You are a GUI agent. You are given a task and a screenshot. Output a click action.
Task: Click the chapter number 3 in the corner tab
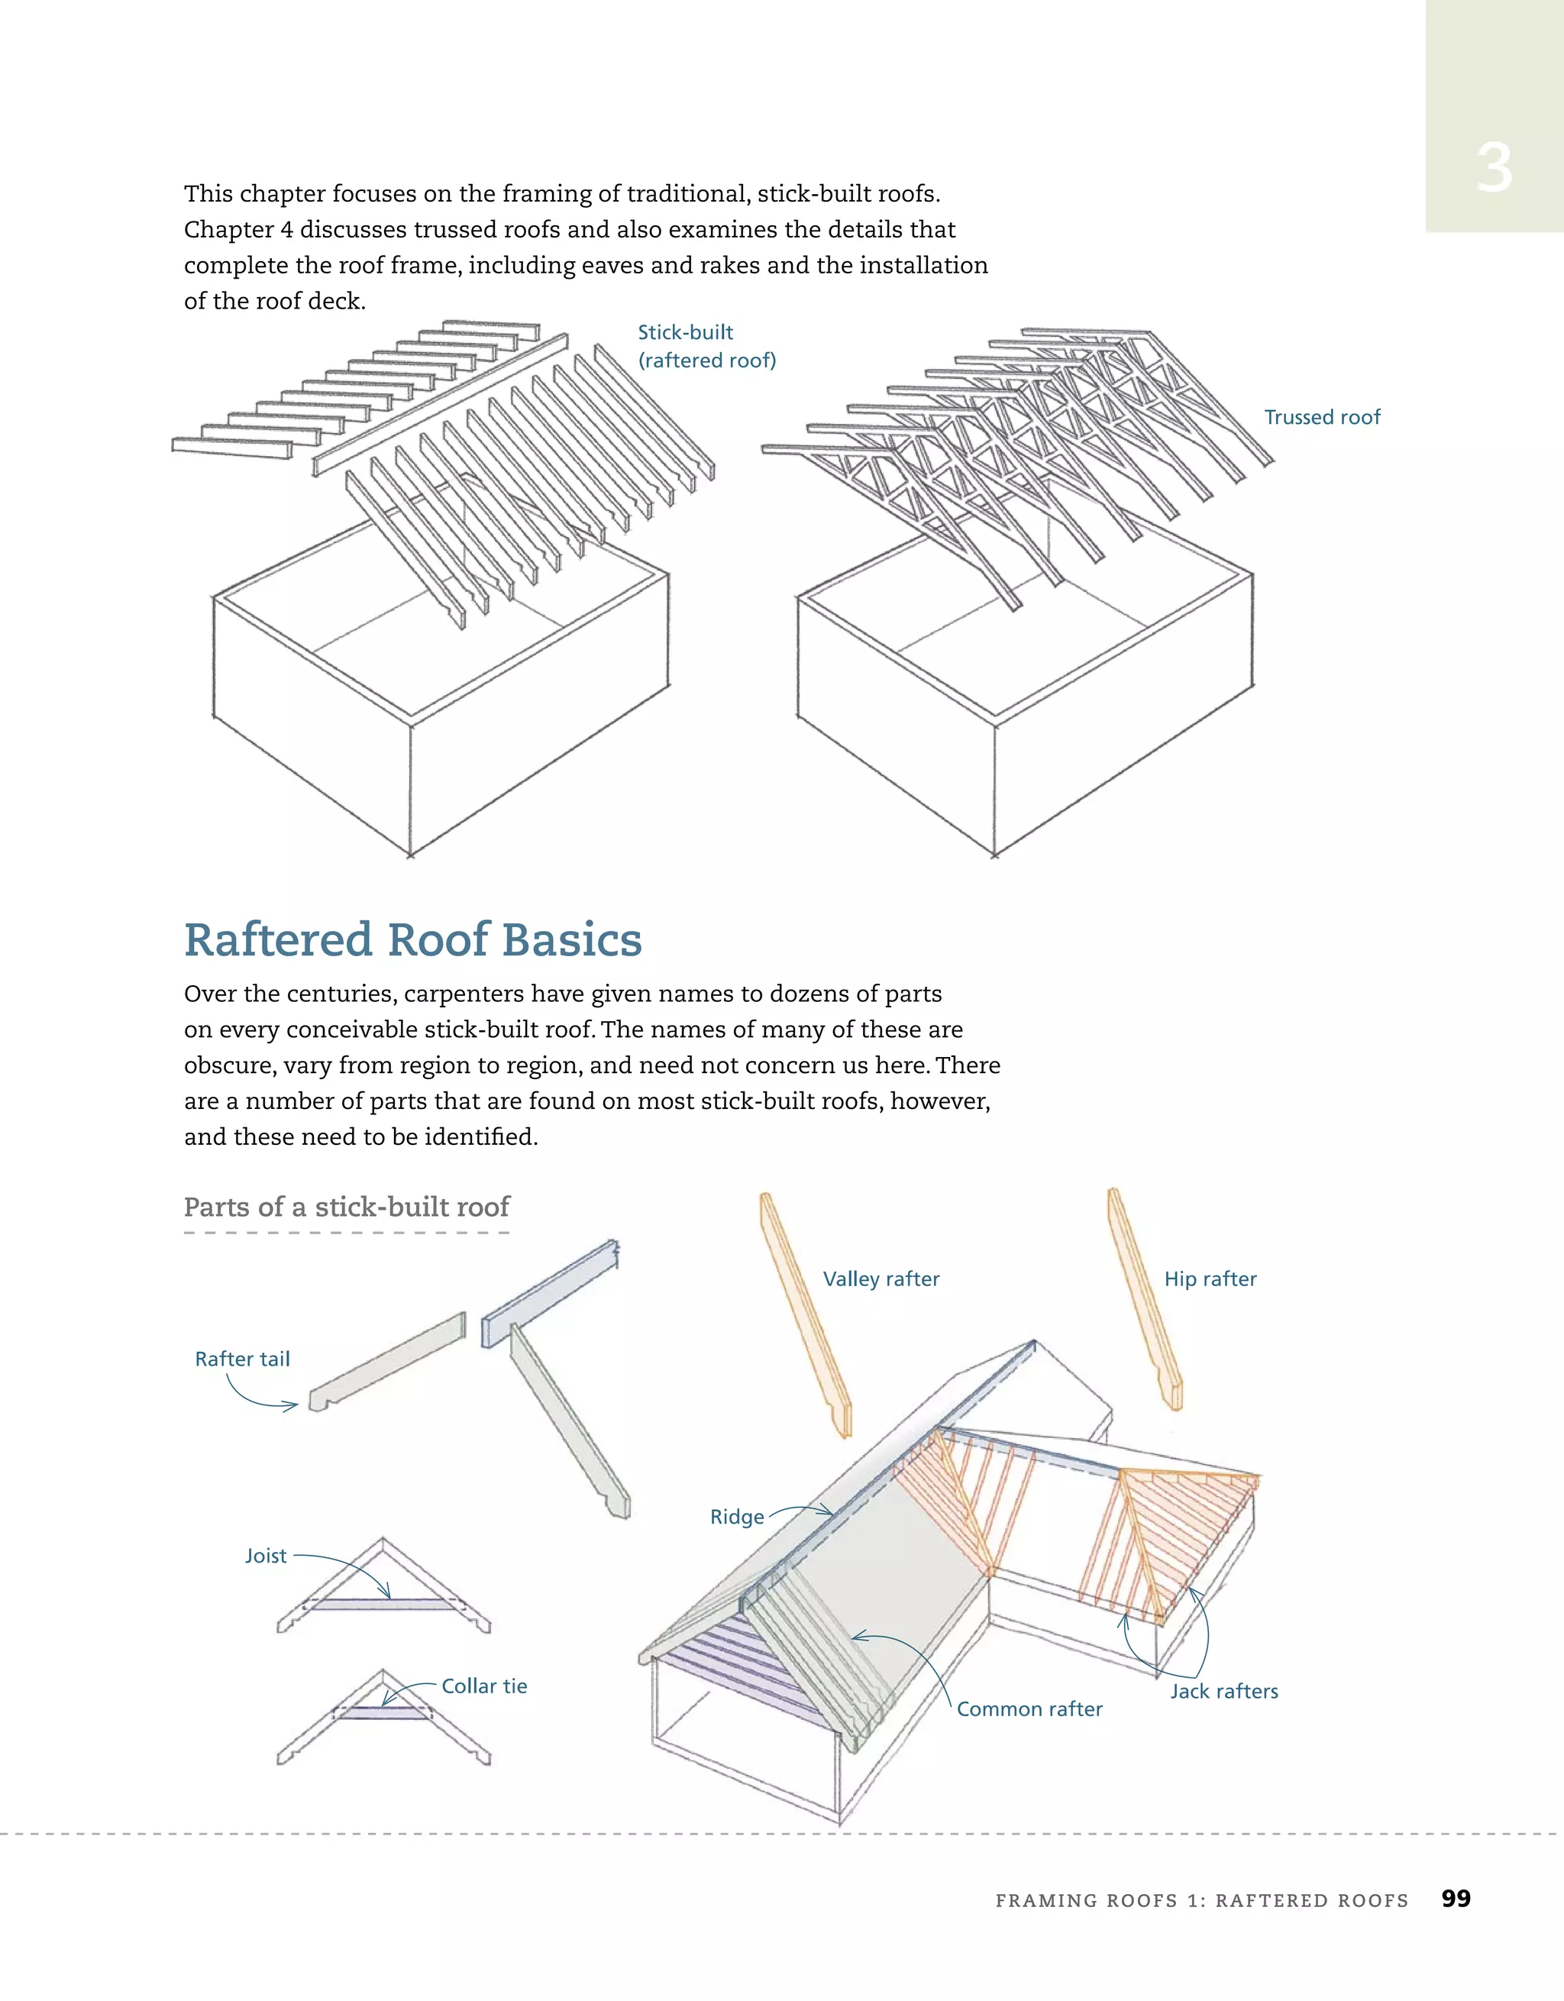tap(1494, 169)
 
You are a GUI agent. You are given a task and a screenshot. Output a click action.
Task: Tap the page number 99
tap(1455, 1899)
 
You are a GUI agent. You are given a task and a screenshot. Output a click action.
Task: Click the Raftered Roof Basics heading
tap(412, 940)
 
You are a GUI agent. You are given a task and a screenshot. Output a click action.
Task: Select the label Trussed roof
tap(1321, 418)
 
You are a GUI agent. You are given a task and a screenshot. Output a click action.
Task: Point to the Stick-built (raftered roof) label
tap(706, 346)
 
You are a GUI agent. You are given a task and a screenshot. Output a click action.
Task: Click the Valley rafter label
tap(881, 1279)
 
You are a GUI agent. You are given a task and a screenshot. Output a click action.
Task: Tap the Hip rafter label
tap(1210, 1279)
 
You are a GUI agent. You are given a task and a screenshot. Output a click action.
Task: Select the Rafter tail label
tap(242, 1359)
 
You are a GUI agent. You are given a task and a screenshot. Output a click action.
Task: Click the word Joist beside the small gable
tap(266, 1556)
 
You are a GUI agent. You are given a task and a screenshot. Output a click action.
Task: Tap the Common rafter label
tap(1029, 1708)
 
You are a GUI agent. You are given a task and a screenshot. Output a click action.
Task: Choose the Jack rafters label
tap(1223, 1692)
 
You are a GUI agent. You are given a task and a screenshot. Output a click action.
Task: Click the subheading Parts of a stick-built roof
tap(347, 1207)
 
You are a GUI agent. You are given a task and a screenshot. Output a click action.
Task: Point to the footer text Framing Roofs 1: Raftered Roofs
tap(1201, 1900)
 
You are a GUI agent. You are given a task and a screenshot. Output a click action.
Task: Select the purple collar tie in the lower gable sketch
tap(383, 1712)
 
